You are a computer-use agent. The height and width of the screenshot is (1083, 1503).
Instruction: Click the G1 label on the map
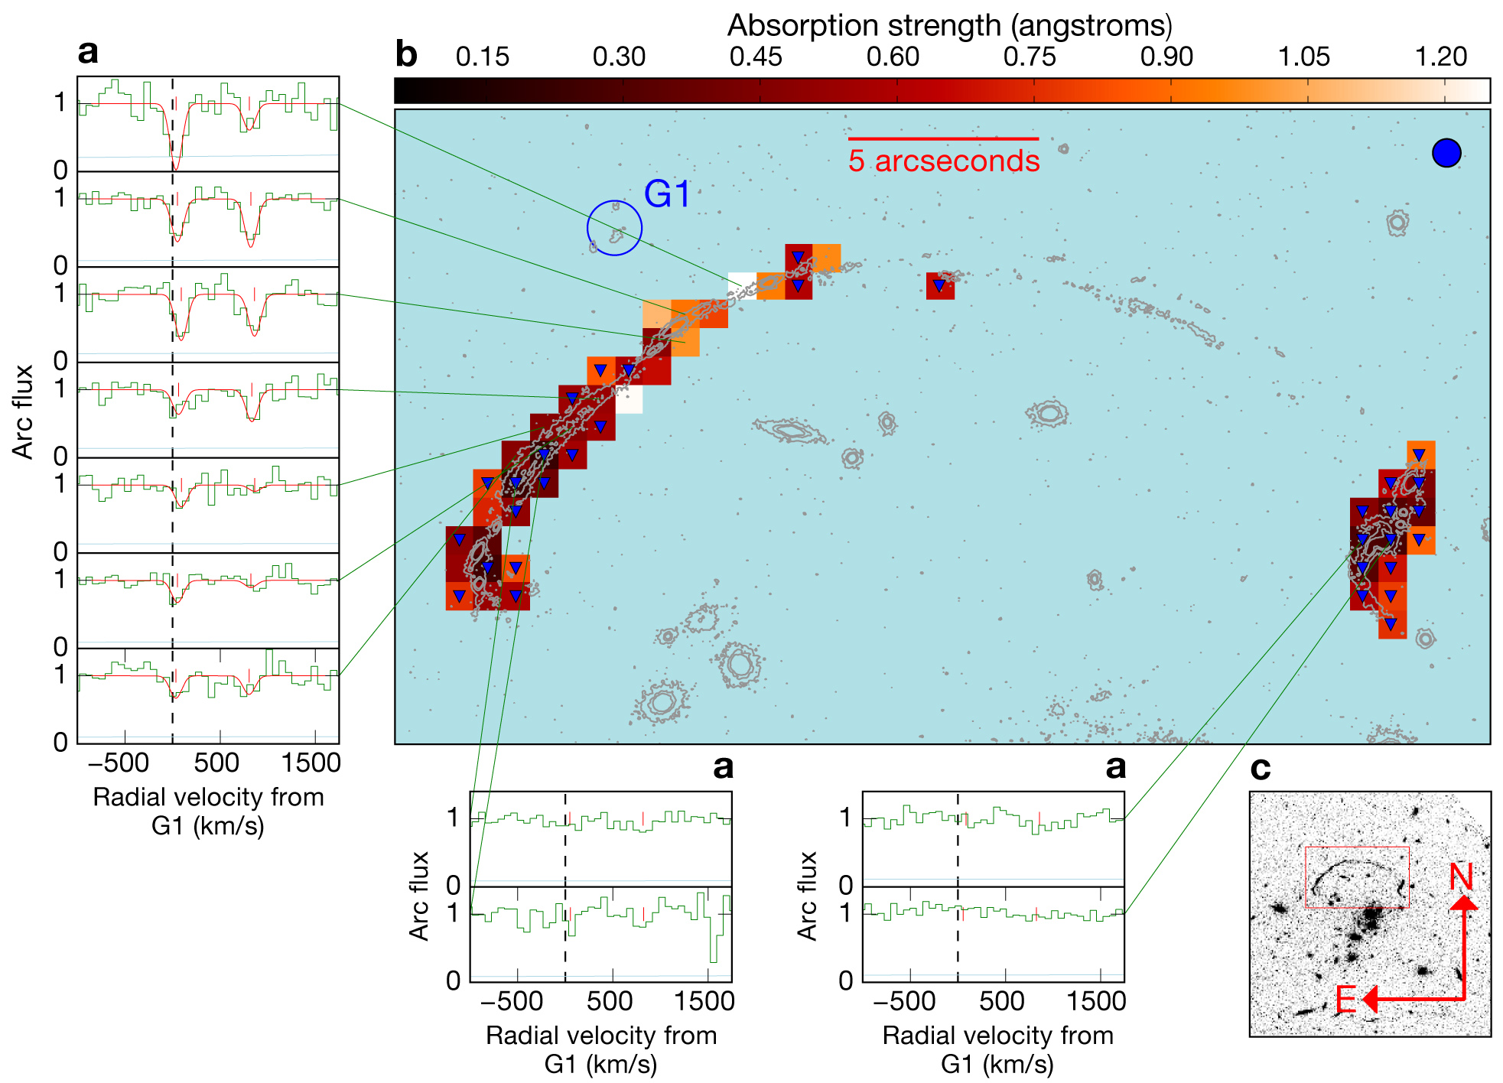pyautogui.click(x=667, y=194)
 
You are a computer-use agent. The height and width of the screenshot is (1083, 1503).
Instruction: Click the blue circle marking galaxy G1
pyautogui.click(x=614, y=228)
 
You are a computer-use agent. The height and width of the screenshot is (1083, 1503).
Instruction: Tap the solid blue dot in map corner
pyautogui.click(x=1446, y=153)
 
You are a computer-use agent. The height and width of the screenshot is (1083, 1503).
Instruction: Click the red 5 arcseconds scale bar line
pyautogui.click(x=943, y=138)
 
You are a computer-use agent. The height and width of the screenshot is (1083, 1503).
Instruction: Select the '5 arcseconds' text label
pyautogui.click(x=944, y=161)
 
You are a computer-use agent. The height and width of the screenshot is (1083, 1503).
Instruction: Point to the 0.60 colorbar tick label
pyautogui.click(x=893, y=57)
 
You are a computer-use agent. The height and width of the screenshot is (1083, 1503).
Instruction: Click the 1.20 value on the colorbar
pyautogui.click(x=1441, y=57)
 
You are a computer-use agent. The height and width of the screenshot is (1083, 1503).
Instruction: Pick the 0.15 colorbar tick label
pyautogui.click(x=482, y=57)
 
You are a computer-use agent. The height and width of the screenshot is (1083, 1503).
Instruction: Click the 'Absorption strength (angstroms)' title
pyautogui.click(x=949, y=25)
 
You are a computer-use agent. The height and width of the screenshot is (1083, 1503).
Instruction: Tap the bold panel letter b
pyautogui.click(x=406, y=55)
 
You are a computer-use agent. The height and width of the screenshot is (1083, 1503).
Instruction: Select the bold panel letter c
pyautogui.click(x=1261, y=769)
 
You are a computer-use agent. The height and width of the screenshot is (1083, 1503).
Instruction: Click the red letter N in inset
pyautogui.click(x=1461, y=877)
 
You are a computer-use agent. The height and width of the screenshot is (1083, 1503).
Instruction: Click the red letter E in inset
pyautogui.click(x=1346, y=1000)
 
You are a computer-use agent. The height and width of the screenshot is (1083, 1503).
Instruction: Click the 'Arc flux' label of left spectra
pyautogui.click(x=23, y=411)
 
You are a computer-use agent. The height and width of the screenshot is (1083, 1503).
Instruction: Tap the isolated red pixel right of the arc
pyautogui.click(x=940, y=286)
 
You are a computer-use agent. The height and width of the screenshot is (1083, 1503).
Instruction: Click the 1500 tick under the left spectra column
pyautogui.click(x=311, y=763)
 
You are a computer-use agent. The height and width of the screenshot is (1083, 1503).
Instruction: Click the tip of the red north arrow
pyautogui.click(x=1463, y=897)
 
